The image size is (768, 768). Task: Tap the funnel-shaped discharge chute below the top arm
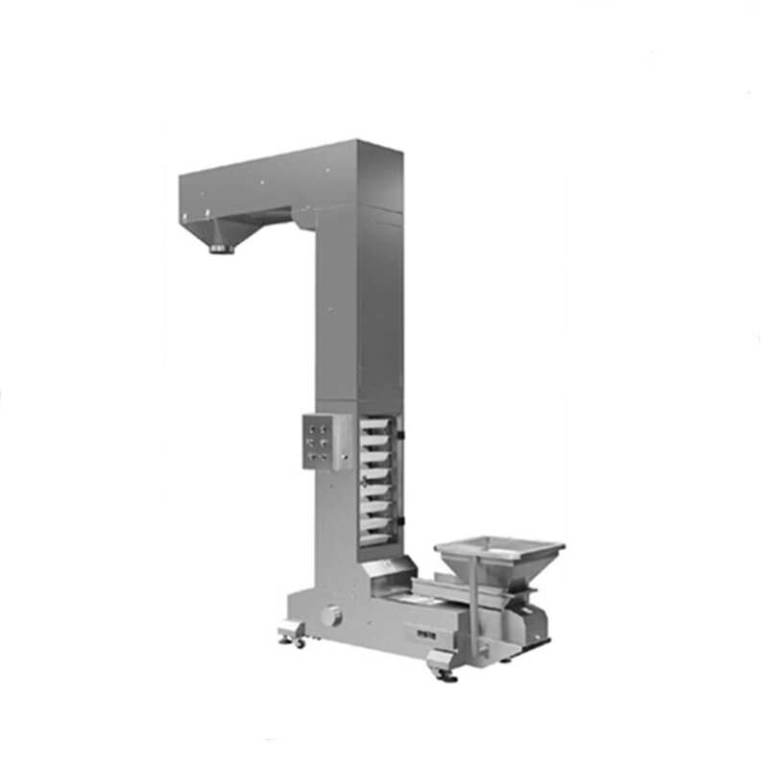(225, 231)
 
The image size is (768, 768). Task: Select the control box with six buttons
(324, 442)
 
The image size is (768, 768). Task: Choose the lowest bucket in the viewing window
(376, 536)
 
